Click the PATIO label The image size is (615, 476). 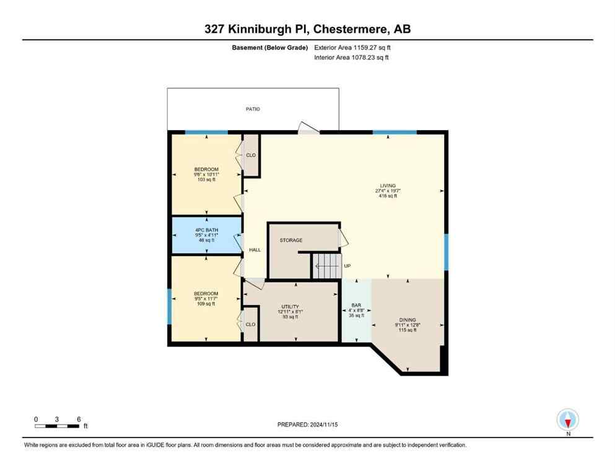pyautogui.click(x=252, y=109)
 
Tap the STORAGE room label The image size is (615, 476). pyautogui.click(x=290, y=240)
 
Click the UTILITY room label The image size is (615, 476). pyautogui.click(x=290, y=306)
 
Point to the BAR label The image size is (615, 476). pyautogui.click(x=355, y=305)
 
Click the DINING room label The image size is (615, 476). pyautogui.click(x=407, y=320)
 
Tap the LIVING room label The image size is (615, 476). pyautogui.click(x=388, y=185)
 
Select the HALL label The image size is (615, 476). pyautogui.click(x=255, y=250)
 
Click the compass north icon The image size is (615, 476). pyautogui.click(x=568, y=420)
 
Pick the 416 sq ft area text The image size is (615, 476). pyautogui.click(x=388, y=196)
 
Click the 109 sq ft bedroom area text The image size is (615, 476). pyautogui.click(x=206, y=304)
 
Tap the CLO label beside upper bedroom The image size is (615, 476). pyautogui.click(x=251, y=155)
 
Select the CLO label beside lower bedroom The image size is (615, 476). pyautogui.click(x=250, y=324)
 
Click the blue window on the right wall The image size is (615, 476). pyautogui.click(x=445, y=252)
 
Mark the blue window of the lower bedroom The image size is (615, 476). pyautogui.click(x=169, y=306)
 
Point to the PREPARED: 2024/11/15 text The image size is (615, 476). pyautogui.click(x=308, y=425)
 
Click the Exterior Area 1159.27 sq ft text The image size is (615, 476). pyautogui.click(x=352, y=47)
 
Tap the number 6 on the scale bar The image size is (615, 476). pyautogui.click(x=79, y=419)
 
